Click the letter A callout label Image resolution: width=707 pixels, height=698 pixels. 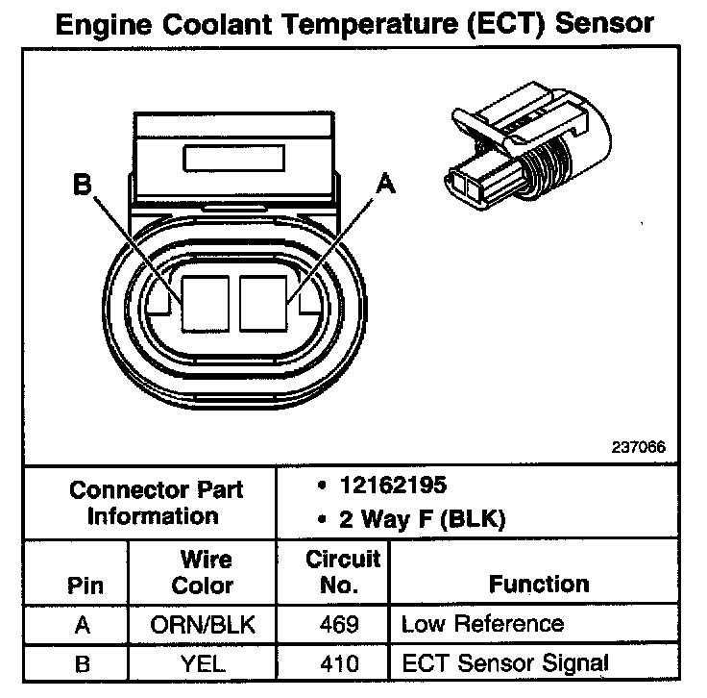[x=385, y=183]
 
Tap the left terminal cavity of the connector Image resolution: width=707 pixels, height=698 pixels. [x=205, y=300]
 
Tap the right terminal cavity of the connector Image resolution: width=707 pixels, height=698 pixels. [x=264, y=300]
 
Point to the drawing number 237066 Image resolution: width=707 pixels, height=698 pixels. [x=638, y=447]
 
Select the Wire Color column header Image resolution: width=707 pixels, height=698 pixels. [x=206, y=572]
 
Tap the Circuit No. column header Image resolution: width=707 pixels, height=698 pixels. [x=343, y=572]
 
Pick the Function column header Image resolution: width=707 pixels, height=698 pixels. [x=539, y=584]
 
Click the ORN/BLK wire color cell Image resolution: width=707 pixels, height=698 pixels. [x=206, y=625]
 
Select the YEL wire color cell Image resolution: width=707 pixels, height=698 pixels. [x=206, y=662]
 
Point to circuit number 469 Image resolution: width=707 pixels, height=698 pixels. [x=342, y=625]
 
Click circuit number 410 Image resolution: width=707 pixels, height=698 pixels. [x=342, y=662]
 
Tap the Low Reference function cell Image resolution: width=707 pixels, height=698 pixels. [x=482, y=625]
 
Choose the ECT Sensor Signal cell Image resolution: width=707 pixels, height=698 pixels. [x=504, y=662]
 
